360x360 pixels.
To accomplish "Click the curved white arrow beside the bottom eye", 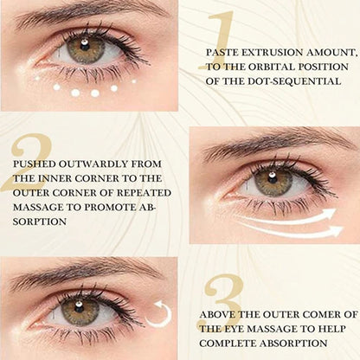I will tap(158, 314).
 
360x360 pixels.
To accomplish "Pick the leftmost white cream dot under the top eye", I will tap(38, 80).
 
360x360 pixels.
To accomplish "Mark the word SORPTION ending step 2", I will tap(39, 222).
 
